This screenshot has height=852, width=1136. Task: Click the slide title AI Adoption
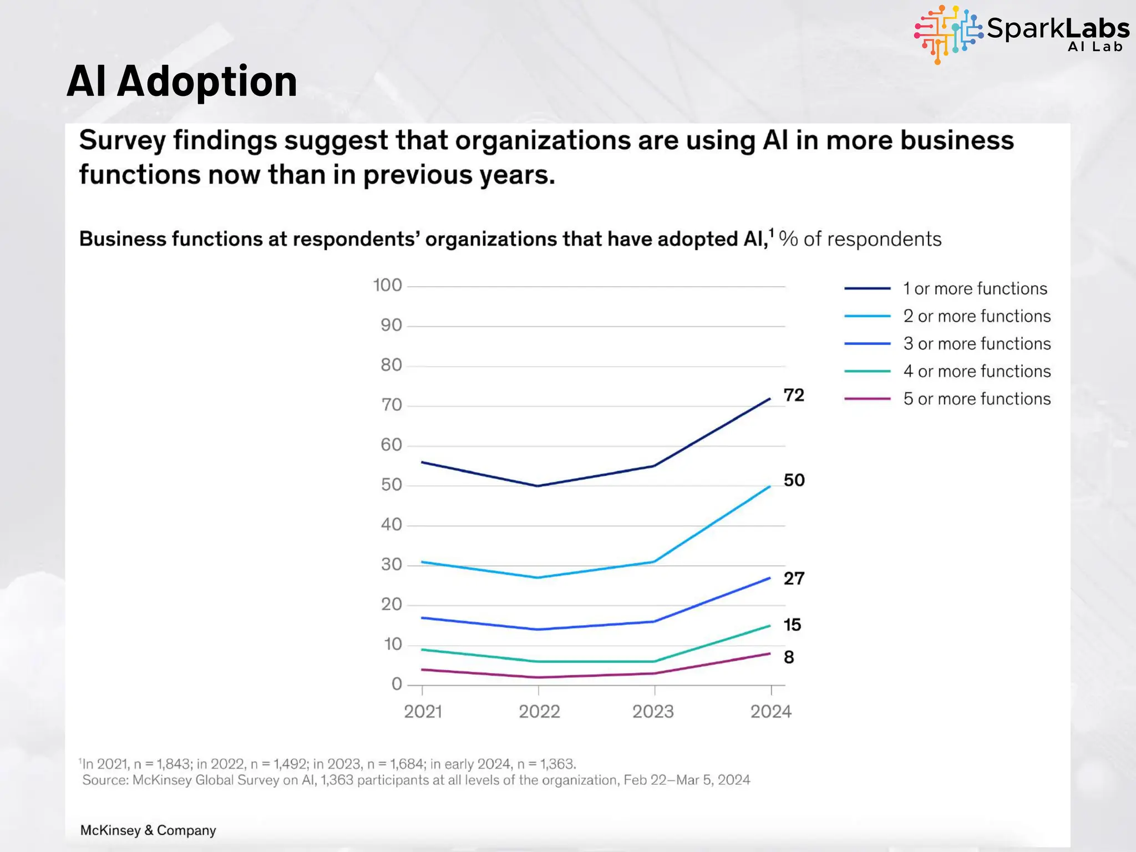coord(182,82)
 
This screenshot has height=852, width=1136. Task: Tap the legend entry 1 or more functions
coord(975,288)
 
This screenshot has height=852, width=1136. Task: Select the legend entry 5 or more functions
coord(976,399)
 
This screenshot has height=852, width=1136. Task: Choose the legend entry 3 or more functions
coord(976,344)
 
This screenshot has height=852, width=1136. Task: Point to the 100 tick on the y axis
coord(387,286)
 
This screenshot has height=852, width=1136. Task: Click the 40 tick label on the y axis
coord(391,525)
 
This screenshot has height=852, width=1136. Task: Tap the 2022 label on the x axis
coord(539,712)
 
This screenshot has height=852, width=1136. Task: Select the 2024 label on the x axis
coord(770,712)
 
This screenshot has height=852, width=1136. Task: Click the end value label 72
coord(794,395)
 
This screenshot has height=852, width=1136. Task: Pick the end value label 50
coord(794,480)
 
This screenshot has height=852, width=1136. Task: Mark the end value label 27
coord(794,579)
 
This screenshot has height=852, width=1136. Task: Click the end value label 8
coord(789,657)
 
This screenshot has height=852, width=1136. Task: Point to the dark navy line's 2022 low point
coord(538,486)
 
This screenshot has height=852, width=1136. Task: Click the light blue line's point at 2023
coord(655,562)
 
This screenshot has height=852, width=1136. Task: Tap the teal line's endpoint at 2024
coord(770,626)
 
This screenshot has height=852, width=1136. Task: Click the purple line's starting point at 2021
coord(422,670)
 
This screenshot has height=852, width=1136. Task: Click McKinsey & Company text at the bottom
coord(148,830)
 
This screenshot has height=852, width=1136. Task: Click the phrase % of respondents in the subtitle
coord(860,239)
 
